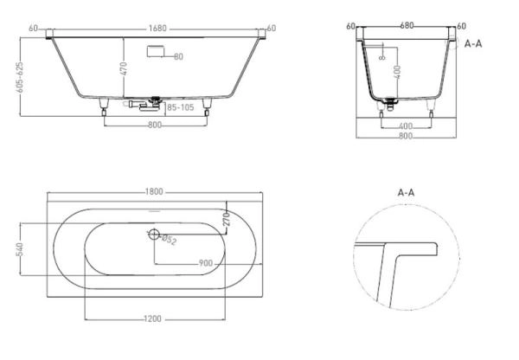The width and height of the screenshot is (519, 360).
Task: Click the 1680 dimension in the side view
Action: click(157, 29)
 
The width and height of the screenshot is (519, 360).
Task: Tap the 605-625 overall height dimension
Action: click(20, 77)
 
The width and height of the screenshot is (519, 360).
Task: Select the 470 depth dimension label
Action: click(124, 68)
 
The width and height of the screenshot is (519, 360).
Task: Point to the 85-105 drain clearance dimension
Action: click(181, 107)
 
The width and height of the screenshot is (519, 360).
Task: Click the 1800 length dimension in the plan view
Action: click(154, 192)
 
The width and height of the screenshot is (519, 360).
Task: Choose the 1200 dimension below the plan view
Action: click(153, 318)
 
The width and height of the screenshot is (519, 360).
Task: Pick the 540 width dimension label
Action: click(20, 249)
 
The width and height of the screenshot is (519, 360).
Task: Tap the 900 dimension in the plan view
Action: click(206, 263)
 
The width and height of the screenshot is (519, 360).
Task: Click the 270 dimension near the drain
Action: click(227, 219)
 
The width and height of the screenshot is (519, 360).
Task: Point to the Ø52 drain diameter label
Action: click(169, 239)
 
